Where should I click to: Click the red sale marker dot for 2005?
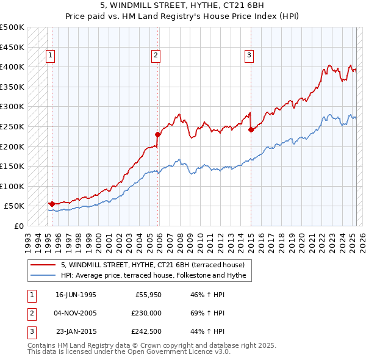(x=157, y=134)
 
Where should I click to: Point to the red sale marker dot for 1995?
(x=52, y=204)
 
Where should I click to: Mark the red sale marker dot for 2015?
(x=251, y=129)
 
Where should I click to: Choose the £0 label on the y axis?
(x=19, y=226)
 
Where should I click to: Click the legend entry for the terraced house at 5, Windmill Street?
(x=152, y=265)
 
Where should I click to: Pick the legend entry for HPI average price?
(x=153, y=276)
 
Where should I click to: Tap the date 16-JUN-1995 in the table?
(x=76, y=294)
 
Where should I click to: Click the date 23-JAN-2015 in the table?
(x=76, y=332)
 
